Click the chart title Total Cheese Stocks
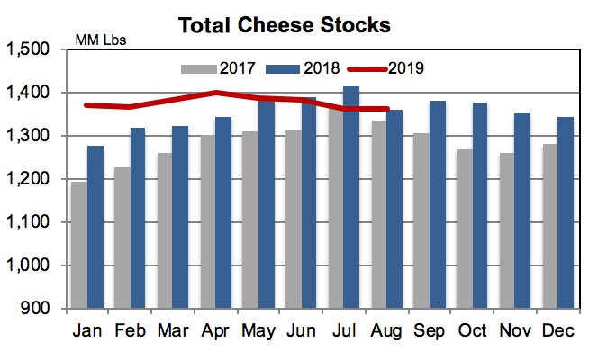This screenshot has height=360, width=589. tap(284, 24)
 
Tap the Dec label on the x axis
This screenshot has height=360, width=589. tap(557, 332)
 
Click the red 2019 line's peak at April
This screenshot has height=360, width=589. tap(216, 93)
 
